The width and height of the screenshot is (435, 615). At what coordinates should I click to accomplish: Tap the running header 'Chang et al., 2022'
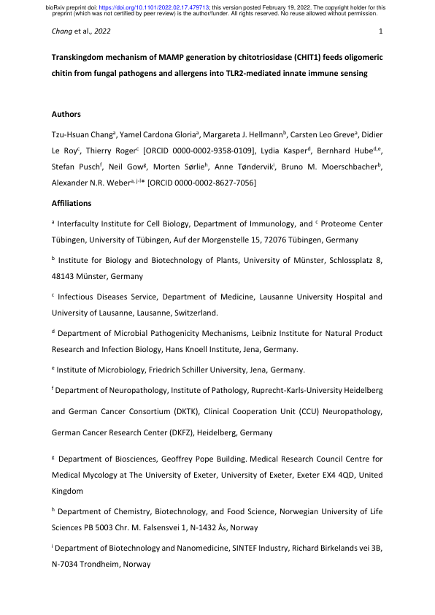(81, 32)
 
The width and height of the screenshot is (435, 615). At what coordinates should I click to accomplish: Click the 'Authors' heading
(66, 114)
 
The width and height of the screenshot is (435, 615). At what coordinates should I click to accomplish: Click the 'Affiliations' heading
(72, 202)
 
